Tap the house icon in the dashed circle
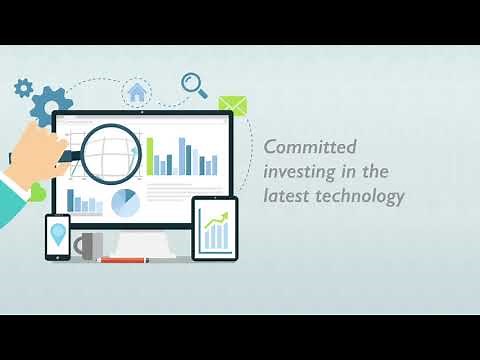pyautogui.click(x=138, y=92)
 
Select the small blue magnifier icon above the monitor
pyautogui.click(x=194, y=84)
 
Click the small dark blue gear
pyautogui.click(x=23, y=87)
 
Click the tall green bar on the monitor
pyautogui.click(x=151, y=155)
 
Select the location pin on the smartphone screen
pyautogui.click(x=58, y=234)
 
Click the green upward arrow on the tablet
pyautogui.click(x=216, y=228)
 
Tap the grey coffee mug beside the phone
pyautogui.click(x=86, y=245)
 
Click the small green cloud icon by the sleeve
pyautogui.click(x=37, y=191)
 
